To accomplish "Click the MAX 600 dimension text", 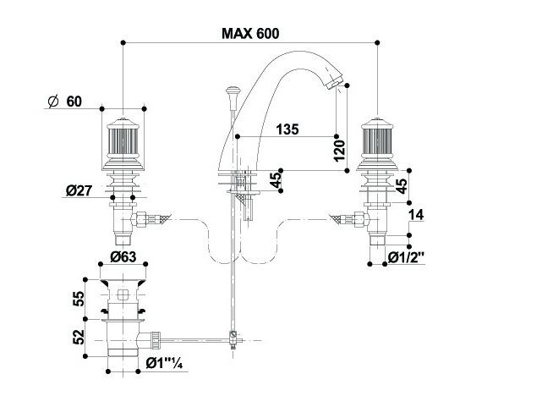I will pyautogui.click(x=250, y=33).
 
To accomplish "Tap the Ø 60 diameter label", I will pyautogui.click(x=65, y=102).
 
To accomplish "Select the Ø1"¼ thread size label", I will pyautogui.click(x=166, y=365).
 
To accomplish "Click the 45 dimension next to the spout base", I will pyautogui.click(x=275, y=180).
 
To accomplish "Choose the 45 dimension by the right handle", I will pyautogui.click(x=402, y=185).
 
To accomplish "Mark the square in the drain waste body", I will pyautogui.click(x=123, y=295).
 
